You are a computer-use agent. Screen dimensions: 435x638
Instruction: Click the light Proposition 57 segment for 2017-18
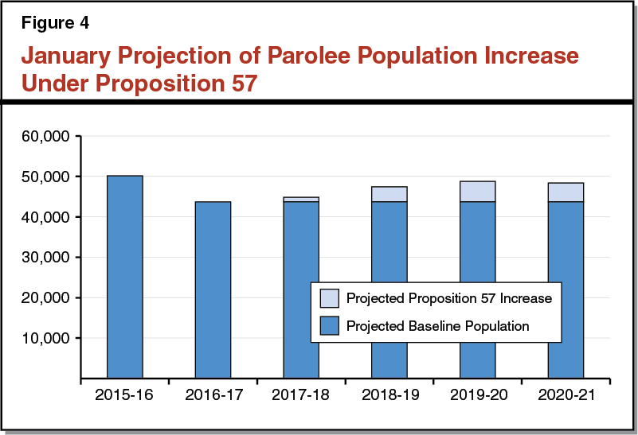tap(301, 200)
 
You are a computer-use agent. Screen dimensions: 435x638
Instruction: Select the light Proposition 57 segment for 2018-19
tap(389, 194)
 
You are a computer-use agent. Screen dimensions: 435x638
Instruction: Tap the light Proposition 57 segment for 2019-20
tap(478, 192)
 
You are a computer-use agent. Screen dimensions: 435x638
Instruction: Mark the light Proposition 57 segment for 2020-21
tap(566, 192)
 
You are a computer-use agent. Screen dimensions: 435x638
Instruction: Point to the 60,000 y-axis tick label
tap(48, 136)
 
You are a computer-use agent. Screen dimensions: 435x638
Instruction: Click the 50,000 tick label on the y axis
tap(48, 177)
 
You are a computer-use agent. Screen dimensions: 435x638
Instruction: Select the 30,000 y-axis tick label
tap(48, 258)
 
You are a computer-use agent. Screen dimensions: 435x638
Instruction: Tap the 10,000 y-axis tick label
tap(48, 338)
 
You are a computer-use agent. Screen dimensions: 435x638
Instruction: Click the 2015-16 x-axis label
tap(125, 394)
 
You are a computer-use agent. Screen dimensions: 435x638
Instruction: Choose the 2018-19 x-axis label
tap(389, 394)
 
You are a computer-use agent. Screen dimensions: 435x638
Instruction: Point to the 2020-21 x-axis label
tap(566, 394)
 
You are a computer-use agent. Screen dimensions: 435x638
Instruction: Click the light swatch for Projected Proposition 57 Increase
tap(330, 299)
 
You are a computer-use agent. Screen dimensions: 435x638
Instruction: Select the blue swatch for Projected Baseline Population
tap(330, 325)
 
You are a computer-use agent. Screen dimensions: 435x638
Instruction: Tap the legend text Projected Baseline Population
tap(437, 325)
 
